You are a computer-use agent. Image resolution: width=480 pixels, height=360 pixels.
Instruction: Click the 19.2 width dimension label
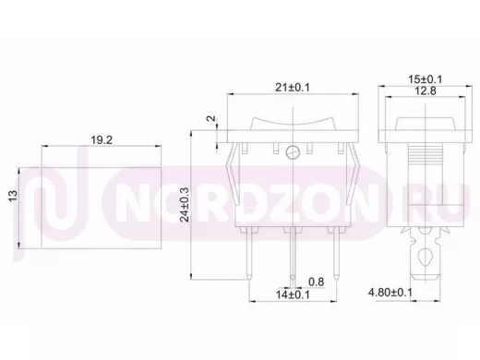click(x=102, y=140)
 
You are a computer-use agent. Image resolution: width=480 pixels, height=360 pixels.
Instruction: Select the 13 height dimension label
click(x=13, y=197)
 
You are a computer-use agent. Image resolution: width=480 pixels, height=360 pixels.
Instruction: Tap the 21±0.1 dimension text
click(x=293, y=88)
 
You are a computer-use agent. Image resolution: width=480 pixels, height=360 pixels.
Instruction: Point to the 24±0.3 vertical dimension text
click(x=185, y=205)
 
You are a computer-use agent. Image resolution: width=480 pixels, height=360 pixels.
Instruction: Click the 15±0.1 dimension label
click(x=425, y=79)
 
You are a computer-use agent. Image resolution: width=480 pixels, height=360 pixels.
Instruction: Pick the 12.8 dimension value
click(x=425, y=91)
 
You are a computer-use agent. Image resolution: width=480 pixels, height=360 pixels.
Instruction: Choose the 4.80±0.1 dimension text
click(x=390, y=293)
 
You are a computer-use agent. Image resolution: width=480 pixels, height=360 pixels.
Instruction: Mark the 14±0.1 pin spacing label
click(x=293, y=294)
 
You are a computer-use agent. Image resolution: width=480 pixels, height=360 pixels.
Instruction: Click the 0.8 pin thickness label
click(x=317, y=282)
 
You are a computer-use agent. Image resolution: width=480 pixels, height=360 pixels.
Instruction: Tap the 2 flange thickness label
click(x=211, y=118)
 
